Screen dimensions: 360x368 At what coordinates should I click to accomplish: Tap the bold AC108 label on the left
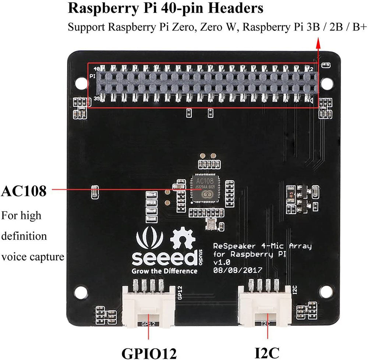tap(24, 191)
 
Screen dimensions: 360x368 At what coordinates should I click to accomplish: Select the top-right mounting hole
tap(325, 83)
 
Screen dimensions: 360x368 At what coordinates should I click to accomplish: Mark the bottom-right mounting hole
tap(325, 292)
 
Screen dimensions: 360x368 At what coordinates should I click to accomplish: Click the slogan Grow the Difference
tap(164, 271)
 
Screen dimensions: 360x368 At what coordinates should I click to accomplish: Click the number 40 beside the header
tap(97, 69)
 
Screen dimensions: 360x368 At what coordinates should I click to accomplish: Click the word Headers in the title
tap(239, 8)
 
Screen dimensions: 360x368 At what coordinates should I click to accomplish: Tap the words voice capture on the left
tap(32, 257)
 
